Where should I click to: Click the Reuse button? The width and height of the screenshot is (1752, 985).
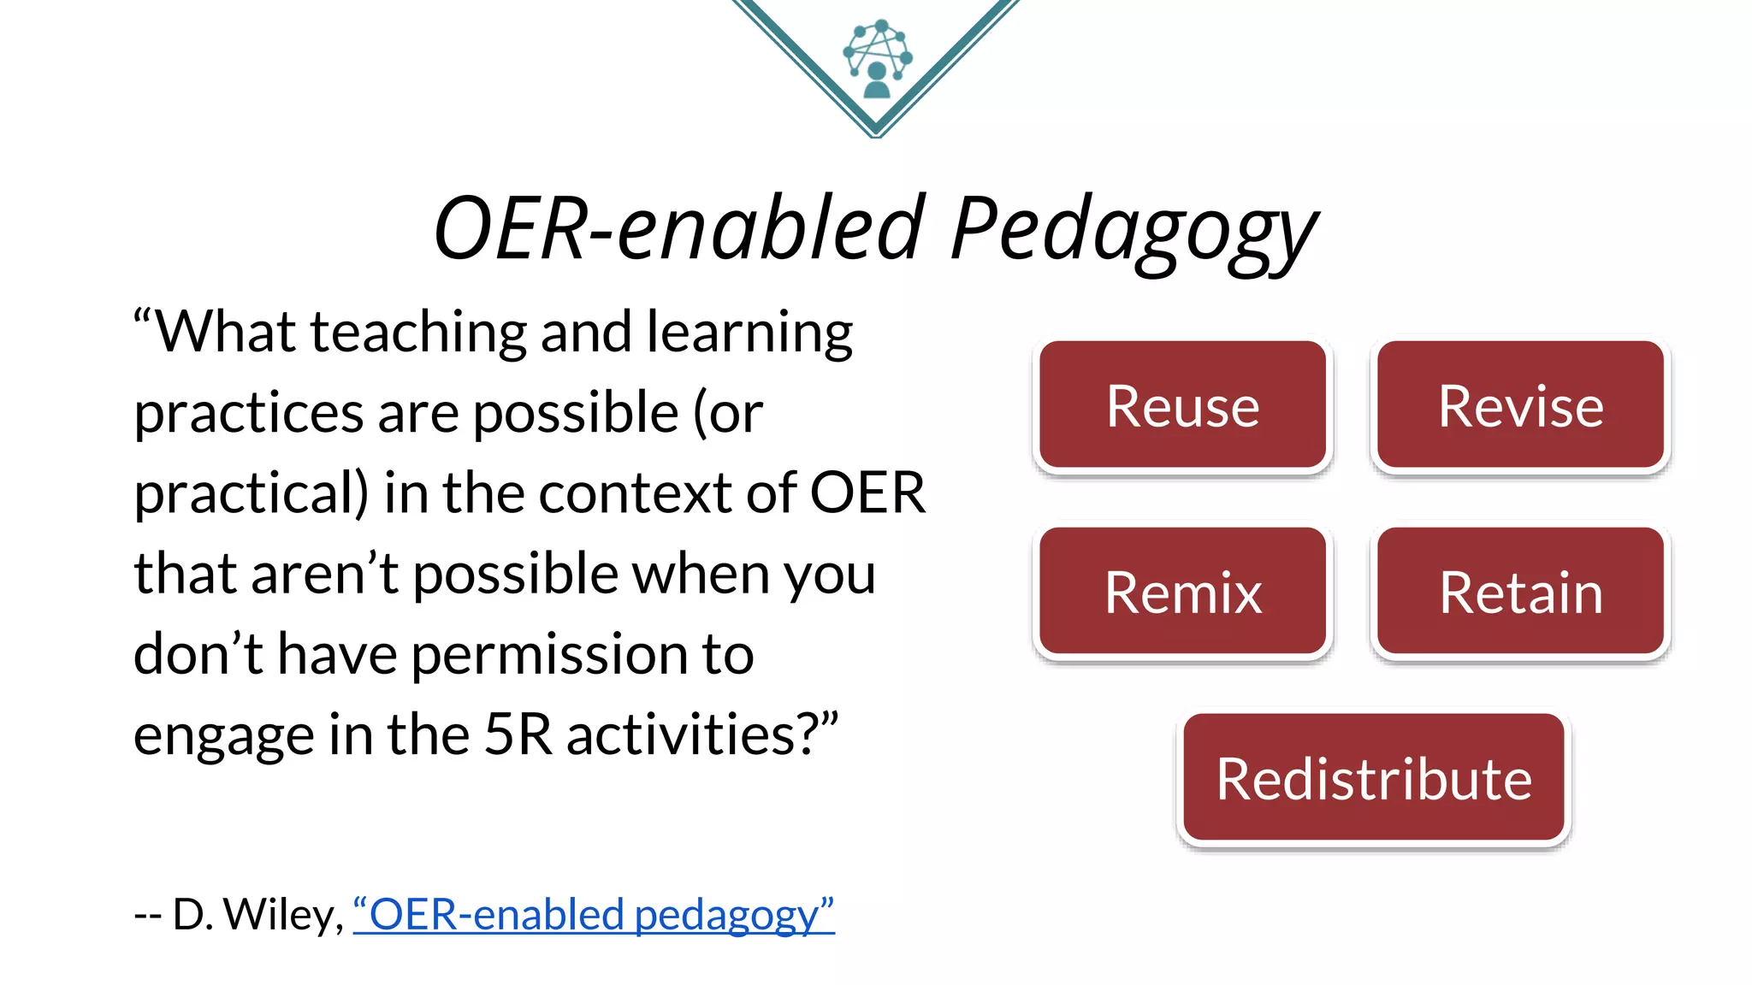[x=1182, y=405]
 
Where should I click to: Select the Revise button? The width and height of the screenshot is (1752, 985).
[x=1520, y=405]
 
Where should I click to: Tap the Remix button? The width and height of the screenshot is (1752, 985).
[x=1182, y=592]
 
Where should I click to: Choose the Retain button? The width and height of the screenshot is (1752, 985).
[x=1520, y=592]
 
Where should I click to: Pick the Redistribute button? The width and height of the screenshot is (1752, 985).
[x=1374, y=778]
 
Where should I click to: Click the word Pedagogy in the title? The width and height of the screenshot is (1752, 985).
[x=1133, y=229]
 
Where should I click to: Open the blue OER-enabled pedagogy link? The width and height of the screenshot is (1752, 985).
[x=594, y=915]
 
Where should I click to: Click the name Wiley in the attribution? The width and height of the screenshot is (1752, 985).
[x=283, y=915]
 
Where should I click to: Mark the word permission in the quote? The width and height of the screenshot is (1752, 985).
[x=549, y=655]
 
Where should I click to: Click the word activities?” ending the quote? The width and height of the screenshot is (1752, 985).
[x=702, y=734]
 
